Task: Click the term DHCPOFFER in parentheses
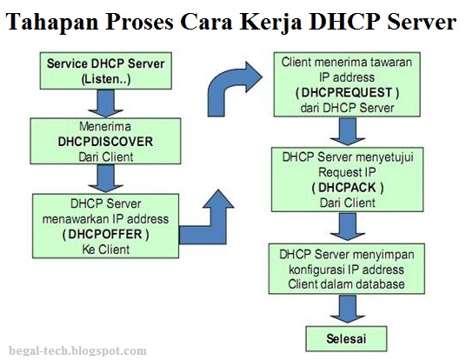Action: pyautogui.click(x=106, y=235)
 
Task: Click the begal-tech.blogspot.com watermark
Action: pyautogui.click(x=74, y=350)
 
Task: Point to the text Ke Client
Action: pyautogui.click(x=106, y=250)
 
